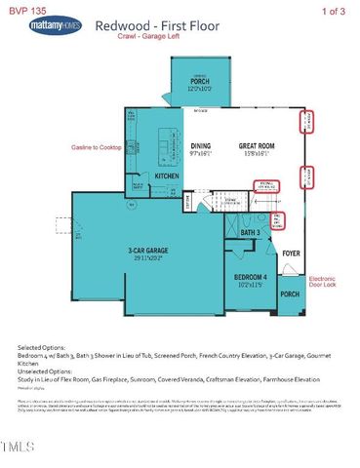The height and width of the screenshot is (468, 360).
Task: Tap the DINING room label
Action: [200, 146]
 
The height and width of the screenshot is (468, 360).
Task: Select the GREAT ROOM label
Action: [260, 146]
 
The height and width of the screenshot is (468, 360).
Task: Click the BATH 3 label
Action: [250, 232]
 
